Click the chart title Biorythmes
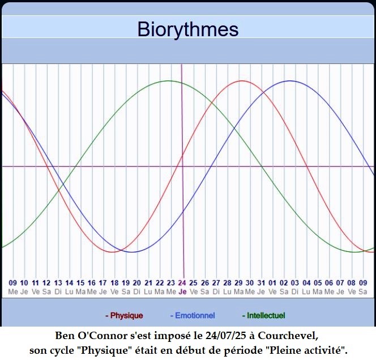pyautogui.click(x=188, y=29)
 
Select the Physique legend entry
pyautogui.click(x=124, y=315)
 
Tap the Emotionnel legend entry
pyautogui.click(x=193, y=315)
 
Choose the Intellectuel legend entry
pyautogui.click(x=263, y=315)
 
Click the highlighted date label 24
pyautogui.click(x=182, y=283)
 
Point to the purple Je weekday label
pyautogui.click(x=182, y=292)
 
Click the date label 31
pyautogui.click(x=261, y=283)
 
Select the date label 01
pyautogui.click(x=272, y=283)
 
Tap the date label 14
pyautogui.click(x=69, y=283)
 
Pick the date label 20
pyautogui.click(x=137, y=283)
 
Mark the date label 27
pyautogui.click(x=216, y=283)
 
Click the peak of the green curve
pyautogui.click(x=169, y=81)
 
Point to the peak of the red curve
pyautogui.click(x=242, y=81)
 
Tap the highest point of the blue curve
pyautogui.click(x=290, y=81)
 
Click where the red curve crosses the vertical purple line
pyautogui.click(x=182, y=156)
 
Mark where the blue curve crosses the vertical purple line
pyautogui.click(x=183, y=211)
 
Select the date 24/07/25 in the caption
pyautogui.click(x=225, y=336)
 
